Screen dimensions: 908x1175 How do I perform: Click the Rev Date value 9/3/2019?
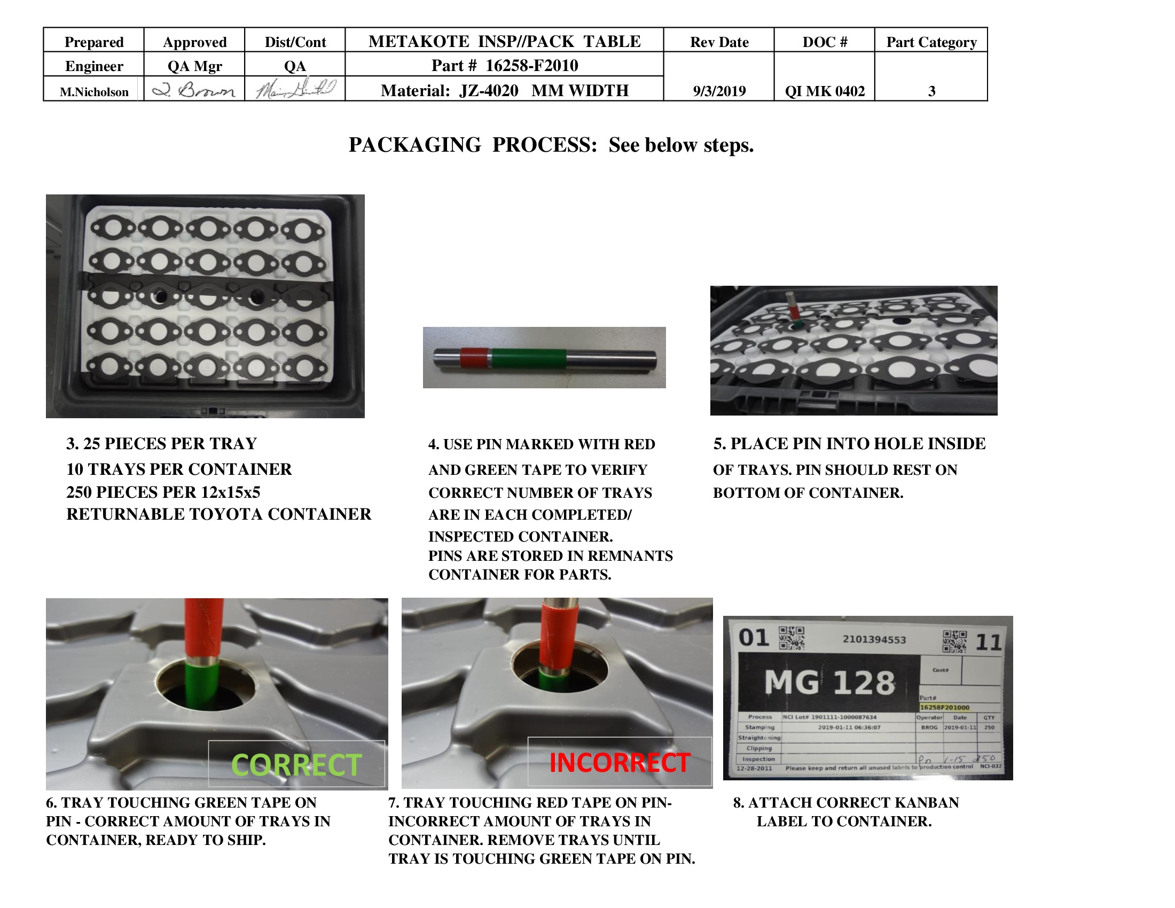coord(719,91)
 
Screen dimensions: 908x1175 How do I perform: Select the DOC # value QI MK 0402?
coord(824,91)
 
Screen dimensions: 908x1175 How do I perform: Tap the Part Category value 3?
coord(931,91)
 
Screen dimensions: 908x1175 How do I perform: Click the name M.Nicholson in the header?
coord(93,92)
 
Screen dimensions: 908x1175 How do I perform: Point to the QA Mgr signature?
coord(194,89)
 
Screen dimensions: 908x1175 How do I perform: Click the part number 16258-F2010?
coord(531,66)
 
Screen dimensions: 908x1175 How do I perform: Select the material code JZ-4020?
coord(489,90)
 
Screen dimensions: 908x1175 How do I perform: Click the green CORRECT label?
coord(296,764)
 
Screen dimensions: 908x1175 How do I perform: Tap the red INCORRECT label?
coord(619,762)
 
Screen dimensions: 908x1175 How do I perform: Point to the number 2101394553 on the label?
coord(874,639)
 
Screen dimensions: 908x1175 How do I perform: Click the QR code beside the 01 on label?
coord(792,638)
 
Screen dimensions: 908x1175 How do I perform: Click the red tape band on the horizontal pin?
coord(474,358)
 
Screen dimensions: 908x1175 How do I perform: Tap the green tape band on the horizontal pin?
coord(528,359)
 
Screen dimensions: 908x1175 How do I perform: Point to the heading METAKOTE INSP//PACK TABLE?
coord(504,42)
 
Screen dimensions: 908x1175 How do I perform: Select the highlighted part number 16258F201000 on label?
coord(944,707)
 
